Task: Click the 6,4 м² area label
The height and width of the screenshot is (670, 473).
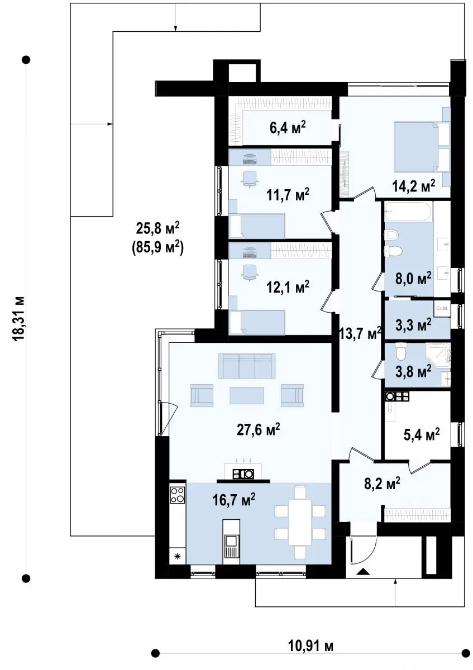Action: click(x=288, y=128)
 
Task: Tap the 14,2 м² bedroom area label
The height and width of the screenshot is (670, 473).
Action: click(x=413, y=186)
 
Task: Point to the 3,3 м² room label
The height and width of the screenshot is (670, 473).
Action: click(x=413, y=324)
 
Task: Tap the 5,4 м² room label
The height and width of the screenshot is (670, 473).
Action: click(x=422, y=434)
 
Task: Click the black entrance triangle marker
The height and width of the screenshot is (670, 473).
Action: click(x=363, y=571)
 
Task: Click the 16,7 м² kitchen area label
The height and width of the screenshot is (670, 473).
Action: click(x=233, y=500)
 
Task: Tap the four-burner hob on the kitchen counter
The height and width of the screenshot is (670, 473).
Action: click(x=178, y=495)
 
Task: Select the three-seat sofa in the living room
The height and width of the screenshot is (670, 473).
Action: click(x=247, y=366)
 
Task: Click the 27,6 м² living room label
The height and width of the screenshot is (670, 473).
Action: click(x=258, y=430)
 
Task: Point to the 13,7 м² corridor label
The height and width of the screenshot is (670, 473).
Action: click(x=360, y=333)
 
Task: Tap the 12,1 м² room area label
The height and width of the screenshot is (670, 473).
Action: click(x=288, y=287)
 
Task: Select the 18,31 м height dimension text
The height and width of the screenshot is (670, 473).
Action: click(x=18, y=318)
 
